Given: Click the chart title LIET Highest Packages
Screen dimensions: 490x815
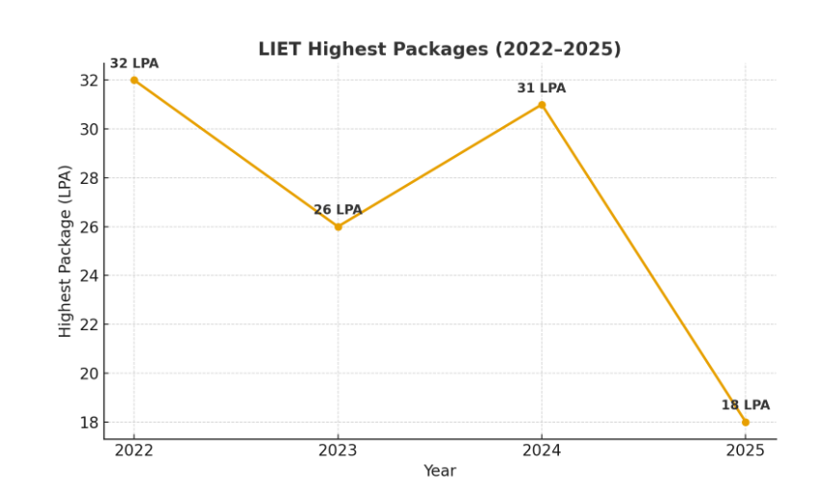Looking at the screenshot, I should pyautogui.click(x=439, y=49).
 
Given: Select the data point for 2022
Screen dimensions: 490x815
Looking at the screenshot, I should pyautogui.click(x=134, y=80).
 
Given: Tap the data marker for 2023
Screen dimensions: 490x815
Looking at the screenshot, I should pyautogui.click(x=338, y=226).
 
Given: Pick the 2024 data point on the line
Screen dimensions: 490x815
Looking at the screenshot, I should pyautogui.click(x=542, y=105).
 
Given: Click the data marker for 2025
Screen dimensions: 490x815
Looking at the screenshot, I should pyautogui.click(x=745, y=422).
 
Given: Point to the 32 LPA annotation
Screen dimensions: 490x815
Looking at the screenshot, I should pyautogui.click(x=134, y=64).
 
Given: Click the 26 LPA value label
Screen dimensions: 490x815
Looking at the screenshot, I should pyautogui.click(x=338, y=210).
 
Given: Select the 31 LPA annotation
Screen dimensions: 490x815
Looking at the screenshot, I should pyautogui.click(x=542, y=89).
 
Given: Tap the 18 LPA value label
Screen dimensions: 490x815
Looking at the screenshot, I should pyautogui.click(x=745, y=405).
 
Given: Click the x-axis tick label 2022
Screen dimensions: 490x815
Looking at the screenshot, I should pyautogui.click(x=134, y=451).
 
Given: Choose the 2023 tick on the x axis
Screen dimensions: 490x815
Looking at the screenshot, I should pyautogui.click(x=338, y=451).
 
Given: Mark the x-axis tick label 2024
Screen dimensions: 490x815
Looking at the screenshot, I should pyautogui.click(x=542, y=451).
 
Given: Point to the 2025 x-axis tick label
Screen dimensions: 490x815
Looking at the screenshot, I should pyautogui.click(x=745, y=451).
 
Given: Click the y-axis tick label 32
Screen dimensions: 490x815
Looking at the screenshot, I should pyautogui.click(x=88, y=80).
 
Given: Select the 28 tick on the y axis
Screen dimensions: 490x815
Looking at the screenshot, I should pyautogui.click(x=88, y=178).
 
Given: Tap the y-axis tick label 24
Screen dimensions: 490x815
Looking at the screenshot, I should pyautogui.click(x=88, y=275).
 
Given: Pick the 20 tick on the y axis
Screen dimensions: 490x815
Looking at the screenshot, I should pyautogui.click(x=88, y=374).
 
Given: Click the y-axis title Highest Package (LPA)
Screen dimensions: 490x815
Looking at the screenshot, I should pyautogui.click(x=65, y=251).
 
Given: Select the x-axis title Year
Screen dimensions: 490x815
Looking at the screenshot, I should pyautogui.click(x=440, y=471).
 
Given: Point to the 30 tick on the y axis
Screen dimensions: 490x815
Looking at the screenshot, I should pyautogui.click(x=88, y=129).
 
